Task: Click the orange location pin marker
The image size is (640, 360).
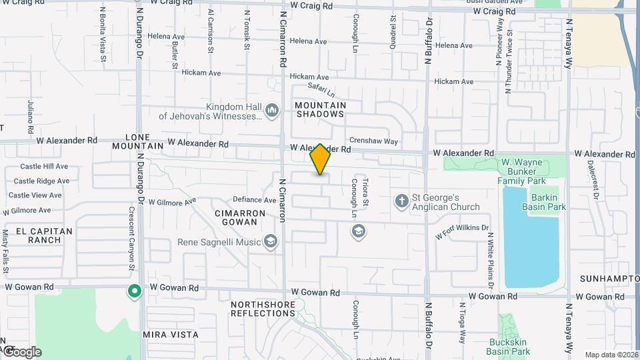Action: (320, 159)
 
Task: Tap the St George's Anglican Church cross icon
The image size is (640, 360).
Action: (401, 200)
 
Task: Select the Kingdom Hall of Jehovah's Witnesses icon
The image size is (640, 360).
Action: (271, 111)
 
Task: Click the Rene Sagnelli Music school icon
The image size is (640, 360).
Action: (271, 241)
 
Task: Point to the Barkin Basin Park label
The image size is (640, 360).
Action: (548, 202)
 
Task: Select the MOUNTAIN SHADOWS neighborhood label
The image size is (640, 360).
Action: (321, 110)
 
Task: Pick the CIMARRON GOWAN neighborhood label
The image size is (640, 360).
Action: (240, 217)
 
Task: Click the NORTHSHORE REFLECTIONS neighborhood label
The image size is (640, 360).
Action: (263, 309)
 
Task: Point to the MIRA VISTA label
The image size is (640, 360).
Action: (171, 334)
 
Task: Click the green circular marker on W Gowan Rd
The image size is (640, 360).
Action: (134, 291)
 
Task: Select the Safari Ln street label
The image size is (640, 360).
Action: (321, 89)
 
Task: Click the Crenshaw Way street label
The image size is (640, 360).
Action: (374, 141)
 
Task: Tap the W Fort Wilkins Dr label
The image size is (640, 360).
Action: (462, 231)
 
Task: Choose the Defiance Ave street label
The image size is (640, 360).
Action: (254, 200)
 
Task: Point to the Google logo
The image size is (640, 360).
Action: (22, 352)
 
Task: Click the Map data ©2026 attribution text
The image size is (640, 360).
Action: (611, 355)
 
